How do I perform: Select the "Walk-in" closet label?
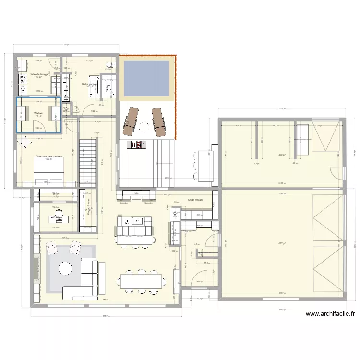click(x=38, y=113)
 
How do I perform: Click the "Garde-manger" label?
click(x=196, y=199)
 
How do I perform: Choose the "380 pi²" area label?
click(x=281, y=155)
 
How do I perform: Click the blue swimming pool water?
click(x=146, y=78)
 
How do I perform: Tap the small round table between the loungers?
click(x=144, y=126)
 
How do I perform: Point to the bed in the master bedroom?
click(x=48, y=170)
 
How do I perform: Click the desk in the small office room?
click(x=55, y=217)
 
